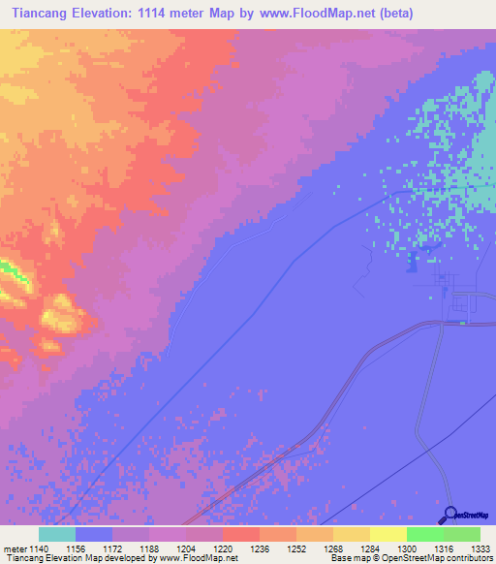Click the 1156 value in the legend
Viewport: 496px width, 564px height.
(75, 548)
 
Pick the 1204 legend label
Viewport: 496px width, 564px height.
(185, 548)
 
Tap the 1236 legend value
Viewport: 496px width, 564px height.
(259, 548)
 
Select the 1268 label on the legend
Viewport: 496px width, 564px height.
(332, 548)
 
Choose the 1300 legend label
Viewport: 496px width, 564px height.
(406, 548)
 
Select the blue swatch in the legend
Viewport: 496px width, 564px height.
(93, 534)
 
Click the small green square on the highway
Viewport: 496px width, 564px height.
(462, 323)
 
